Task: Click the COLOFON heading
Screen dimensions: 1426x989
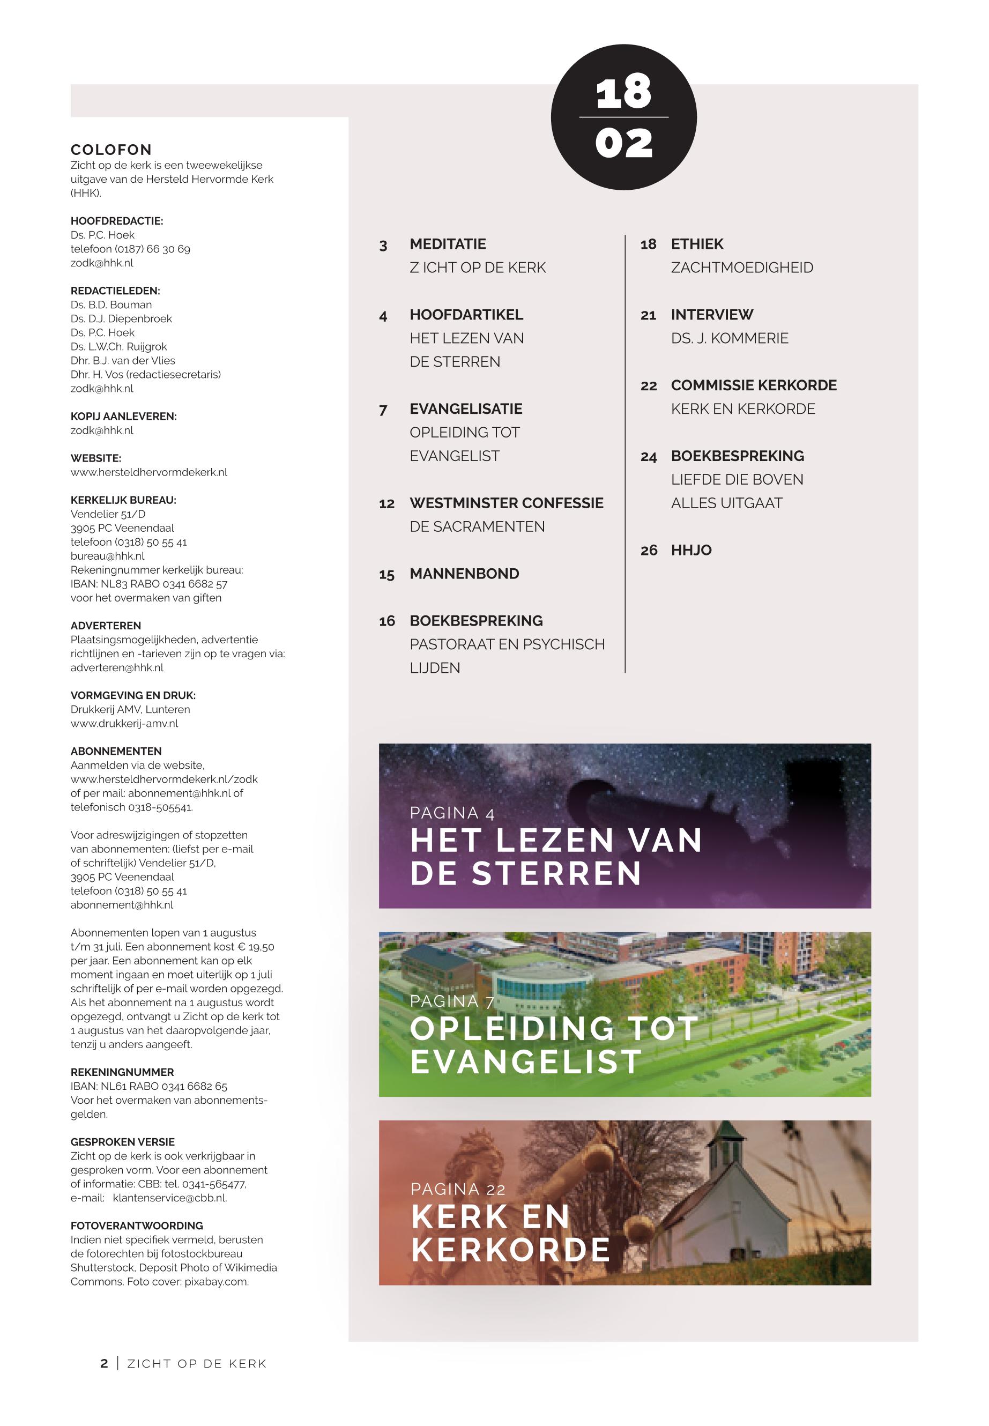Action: tap(111, 150)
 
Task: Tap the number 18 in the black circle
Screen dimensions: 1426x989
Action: tap(623, 92)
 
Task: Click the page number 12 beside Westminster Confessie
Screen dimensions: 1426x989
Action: tap(386, 504)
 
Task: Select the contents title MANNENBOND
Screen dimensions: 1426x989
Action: tap(464, 574)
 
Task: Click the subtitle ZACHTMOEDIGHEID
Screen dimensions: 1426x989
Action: tap(742, 268)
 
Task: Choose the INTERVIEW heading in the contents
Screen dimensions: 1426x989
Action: tap(712, 315)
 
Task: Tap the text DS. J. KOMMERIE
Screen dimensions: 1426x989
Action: tap(730, 338)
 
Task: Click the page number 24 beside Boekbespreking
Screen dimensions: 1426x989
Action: tap(648, 457)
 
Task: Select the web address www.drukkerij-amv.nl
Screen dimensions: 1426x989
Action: tap(124, 723)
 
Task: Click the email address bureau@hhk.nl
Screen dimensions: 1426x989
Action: tap(107, 556)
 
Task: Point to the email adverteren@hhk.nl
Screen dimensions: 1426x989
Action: tap(117, 667)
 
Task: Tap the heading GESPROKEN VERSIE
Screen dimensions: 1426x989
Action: tap(123, 1141)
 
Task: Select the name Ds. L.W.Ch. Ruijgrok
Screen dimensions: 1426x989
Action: tap(118, 346)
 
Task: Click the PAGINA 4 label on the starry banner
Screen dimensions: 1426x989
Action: tap(452, 813)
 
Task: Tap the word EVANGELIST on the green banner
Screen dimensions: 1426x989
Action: tap(525, 1061)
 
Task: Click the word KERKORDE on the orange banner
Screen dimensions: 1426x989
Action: tap(511, 1250)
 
